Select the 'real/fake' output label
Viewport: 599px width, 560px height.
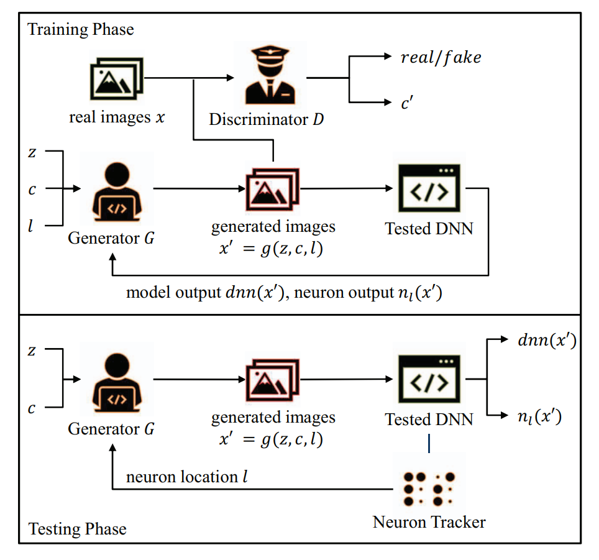point(441,58)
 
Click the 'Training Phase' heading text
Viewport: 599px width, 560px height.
point(80,29)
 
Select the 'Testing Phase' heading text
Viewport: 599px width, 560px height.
point(77,530)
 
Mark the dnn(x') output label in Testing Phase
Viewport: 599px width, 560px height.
point(539,340)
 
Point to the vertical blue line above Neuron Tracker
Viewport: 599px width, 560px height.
point(429,443)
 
